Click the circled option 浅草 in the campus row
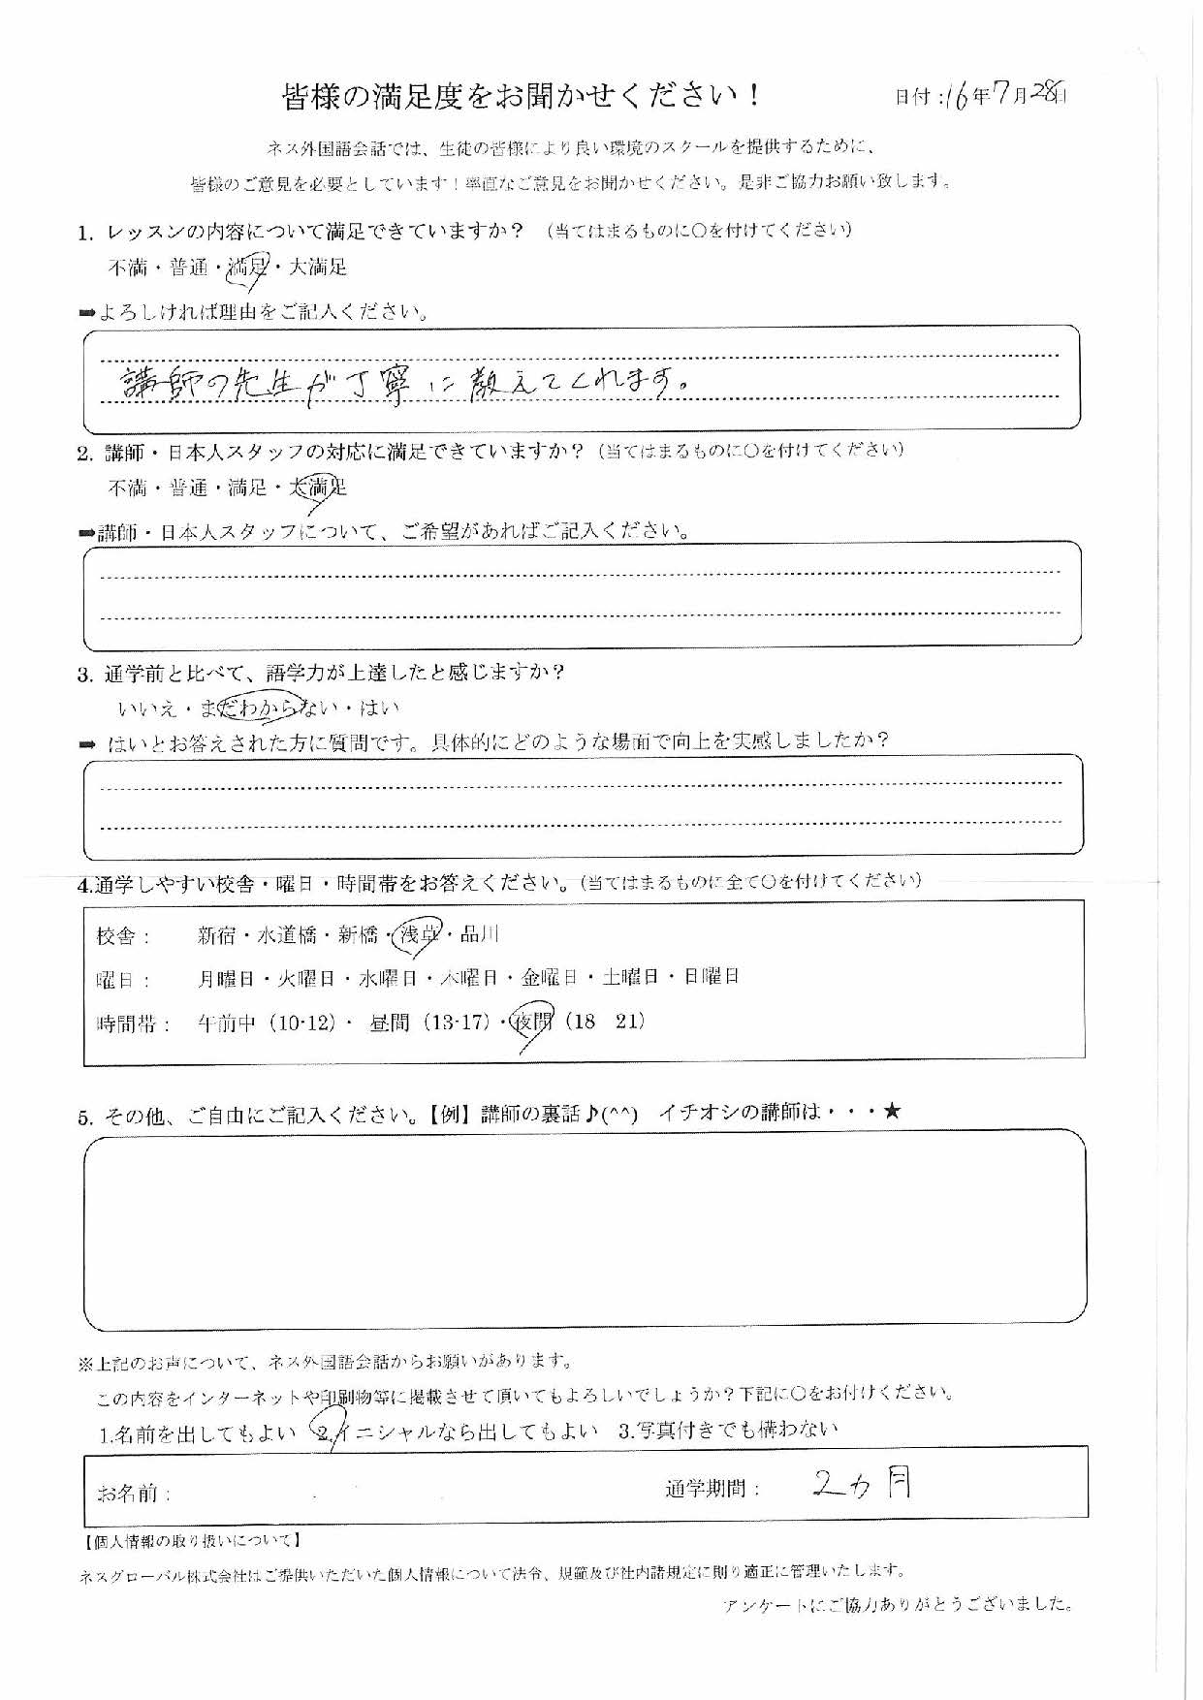(x=421, y=934)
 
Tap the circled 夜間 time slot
(x=531, y=1023)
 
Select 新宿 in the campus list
(x=217, y=935)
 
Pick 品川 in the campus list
(x=480, y=934)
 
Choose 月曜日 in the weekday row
(x=226, y=978)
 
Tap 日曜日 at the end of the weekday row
(x=712, y=977)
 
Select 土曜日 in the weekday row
(x=630, y=977)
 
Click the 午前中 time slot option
(x=226, y=1023)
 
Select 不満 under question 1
(x=127, y=268)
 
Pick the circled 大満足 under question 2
(x=318, y=488)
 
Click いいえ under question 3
(x=146, y=708)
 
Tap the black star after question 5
(x=892, y=1112)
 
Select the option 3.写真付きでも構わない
(x=727, y=1430)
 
